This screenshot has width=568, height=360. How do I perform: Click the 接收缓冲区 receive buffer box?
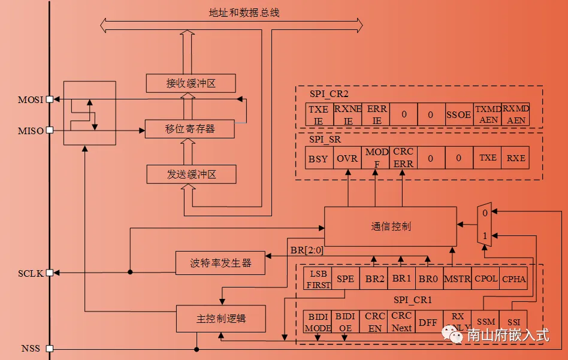point(191,83)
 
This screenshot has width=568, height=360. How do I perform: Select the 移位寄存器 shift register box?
point(191,128)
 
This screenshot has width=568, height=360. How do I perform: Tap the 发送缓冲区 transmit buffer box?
point(191,175)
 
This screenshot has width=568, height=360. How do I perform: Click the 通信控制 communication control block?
point(390,226)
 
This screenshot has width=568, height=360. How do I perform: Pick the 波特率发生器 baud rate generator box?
point(220,262)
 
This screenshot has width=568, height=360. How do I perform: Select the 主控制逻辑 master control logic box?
point(220,319)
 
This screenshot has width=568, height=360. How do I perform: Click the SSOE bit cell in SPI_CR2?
point(458,114)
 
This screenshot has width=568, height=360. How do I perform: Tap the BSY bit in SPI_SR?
point(319,159)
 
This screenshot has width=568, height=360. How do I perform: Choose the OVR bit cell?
point(347,159)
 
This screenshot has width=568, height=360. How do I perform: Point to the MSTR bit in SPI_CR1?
point(458,279)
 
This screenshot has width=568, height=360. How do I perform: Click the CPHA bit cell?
point(514,279)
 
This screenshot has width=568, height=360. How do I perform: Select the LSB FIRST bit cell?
point(318,279)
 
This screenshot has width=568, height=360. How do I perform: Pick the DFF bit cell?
point(428,322)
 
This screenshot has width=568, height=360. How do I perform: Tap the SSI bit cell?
point(514,322)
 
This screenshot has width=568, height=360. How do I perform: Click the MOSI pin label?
point(30,99)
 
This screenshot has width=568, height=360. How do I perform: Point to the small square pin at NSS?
point(50,349)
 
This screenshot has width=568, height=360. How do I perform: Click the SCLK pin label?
point(30,274)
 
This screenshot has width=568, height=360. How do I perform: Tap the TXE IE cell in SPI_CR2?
point(318,114)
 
